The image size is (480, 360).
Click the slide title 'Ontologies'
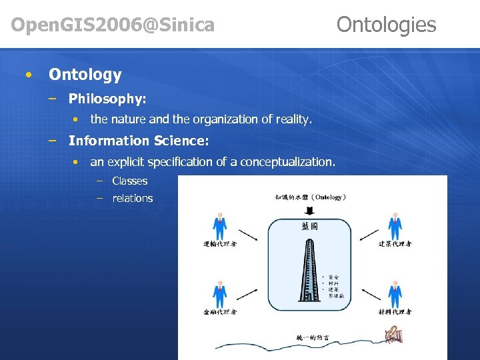tap(386, 25)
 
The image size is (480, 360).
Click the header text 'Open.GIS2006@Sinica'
tap(113, 25)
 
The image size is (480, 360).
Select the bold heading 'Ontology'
tap(85, 75)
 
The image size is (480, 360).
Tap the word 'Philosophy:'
tap(107, 99)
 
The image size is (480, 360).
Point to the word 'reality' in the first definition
tap(293, 119)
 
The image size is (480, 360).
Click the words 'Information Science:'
tap(139, 141)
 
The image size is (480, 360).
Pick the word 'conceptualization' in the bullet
tap(287, 162)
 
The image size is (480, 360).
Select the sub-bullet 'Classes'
tap(129, 181)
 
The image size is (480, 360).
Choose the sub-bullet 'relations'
tap(132, 198)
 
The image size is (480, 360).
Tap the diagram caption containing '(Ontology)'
tap(309, 197)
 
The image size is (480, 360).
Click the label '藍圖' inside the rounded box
tap(309, 227)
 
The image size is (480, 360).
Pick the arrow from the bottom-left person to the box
tap(248, 293)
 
